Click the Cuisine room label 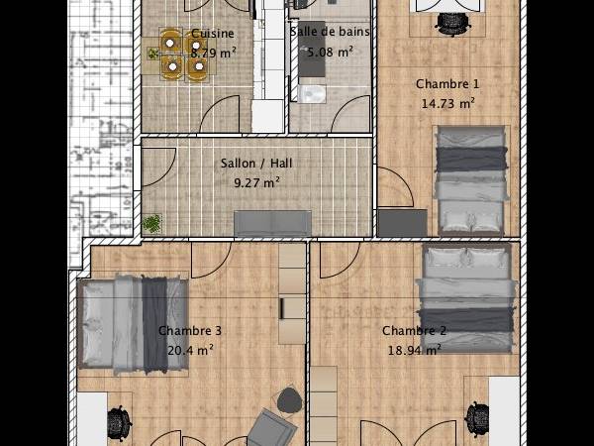click(213, 33)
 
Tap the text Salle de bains click(330, 32)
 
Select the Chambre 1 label click(446, 84)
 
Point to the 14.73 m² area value click(447, 102)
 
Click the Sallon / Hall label click(255, 164)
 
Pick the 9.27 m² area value click(256, 182)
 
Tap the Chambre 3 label click(190, 331)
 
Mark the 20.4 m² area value click(190, 350)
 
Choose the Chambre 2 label click(414, 331)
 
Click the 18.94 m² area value click(414, 350)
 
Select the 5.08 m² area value click(331, 53)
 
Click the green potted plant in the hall click(152, 224)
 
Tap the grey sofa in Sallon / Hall click(272, 223)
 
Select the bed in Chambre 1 click(470, 178)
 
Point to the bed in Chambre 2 click(469, 293)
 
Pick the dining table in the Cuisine click(183, 55)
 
